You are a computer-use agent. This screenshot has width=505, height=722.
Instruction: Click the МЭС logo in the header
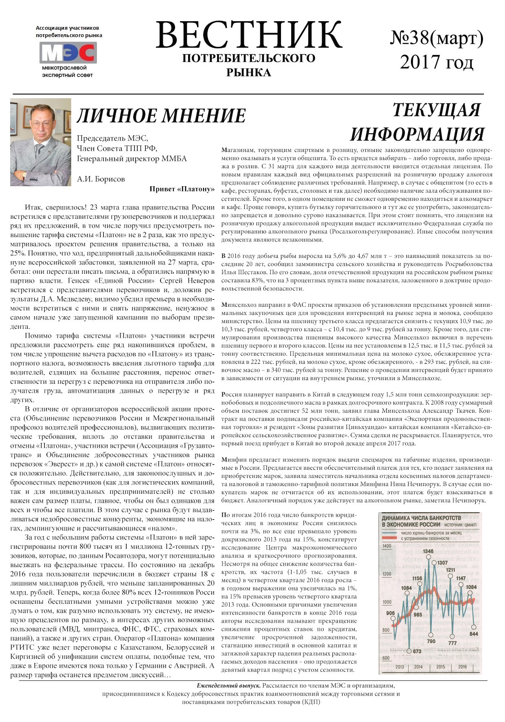point(68,53)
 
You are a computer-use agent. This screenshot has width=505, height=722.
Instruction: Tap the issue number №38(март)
point(437,38)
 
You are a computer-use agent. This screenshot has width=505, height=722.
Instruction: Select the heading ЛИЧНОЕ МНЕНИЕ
point(161,116)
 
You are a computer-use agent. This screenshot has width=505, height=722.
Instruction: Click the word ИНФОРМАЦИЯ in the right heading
point(417,134)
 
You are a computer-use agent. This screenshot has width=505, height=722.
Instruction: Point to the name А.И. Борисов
point(101,179)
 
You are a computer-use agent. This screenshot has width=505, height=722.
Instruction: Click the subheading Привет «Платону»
point(182,189)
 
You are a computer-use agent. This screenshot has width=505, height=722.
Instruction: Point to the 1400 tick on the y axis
point(387,546)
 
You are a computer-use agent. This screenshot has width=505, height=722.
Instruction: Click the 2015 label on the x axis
point(440,667)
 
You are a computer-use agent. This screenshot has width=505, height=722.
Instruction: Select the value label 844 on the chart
point(474,634)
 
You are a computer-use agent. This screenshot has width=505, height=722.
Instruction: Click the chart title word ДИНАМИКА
point(397,518)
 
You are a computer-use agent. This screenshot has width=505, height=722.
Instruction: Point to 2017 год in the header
point(437,62)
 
